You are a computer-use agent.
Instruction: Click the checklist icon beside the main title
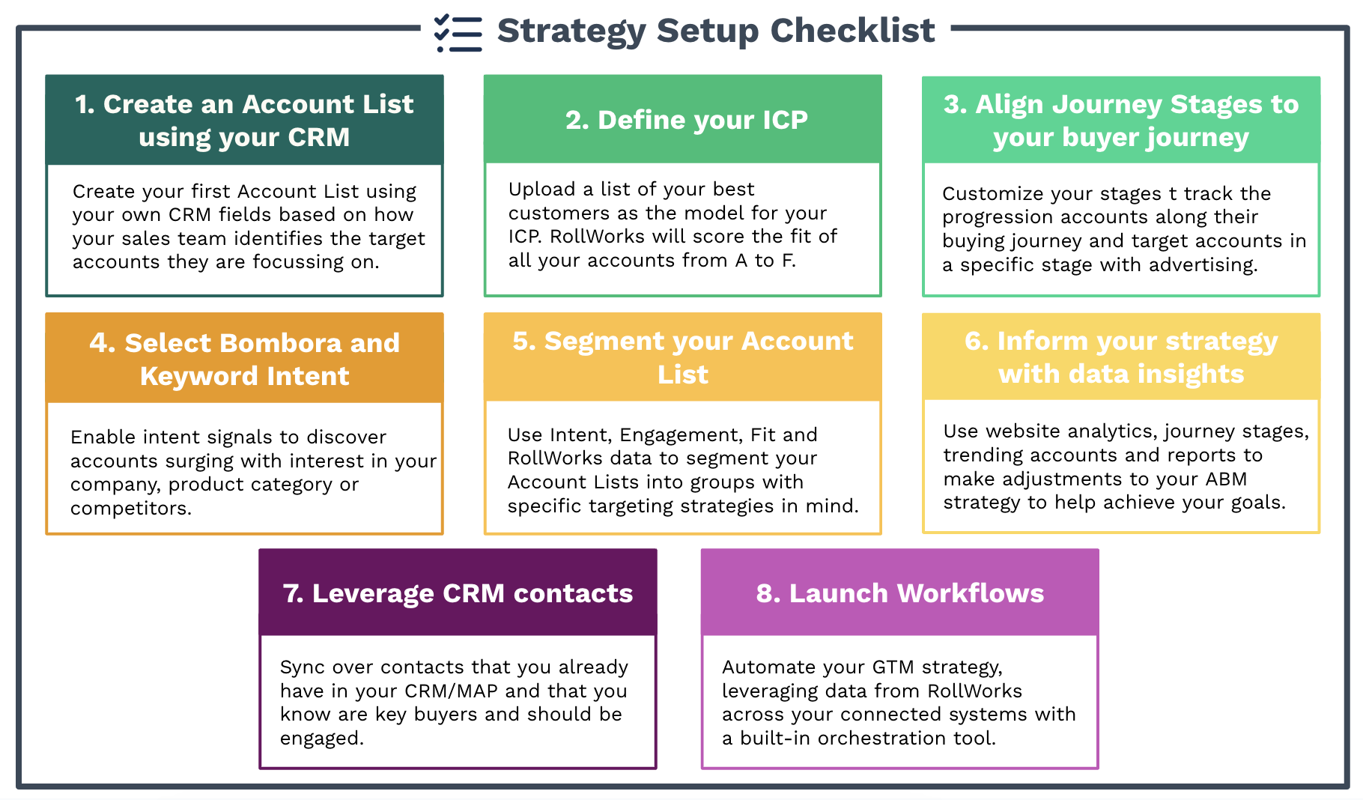click(x=458, y=33)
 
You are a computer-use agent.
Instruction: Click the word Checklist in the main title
click(x=852, y=31)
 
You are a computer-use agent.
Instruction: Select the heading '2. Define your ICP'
click(x=686, y=120)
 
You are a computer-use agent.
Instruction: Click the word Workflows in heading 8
click(x=970, y=593)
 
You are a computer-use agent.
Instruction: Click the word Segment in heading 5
click(x=604, y=342)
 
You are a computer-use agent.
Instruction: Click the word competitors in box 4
click(x=130, y=509)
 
